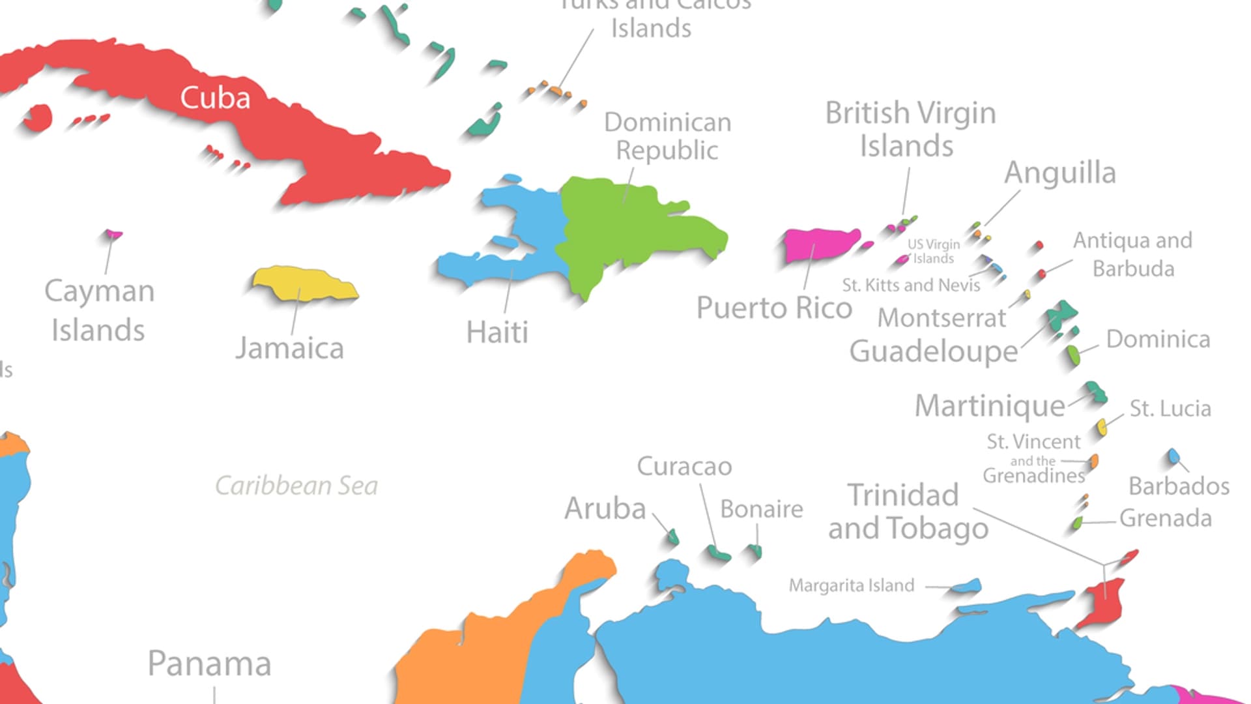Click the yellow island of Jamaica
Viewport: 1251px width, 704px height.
pyautogui.click(x=304, y=284)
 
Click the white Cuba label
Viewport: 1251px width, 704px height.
pyautogui.click(x=215, y=98)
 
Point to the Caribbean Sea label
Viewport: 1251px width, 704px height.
pyautogui.click(x=296, y=486)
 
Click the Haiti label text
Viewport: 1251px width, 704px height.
pyautogui.click(x=497, y=332)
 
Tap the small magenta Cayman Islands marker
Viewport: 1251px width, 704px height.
pyautogui.click(x=114, y=233)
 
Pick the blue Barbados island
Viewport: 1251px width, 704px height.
pyautogui.click(x=1173, y=455)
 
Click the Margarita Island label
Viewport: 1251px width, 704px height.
pyautogui.click(x=852, y=585)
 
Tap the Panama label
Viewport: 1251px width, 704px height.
pyautogui.click(x=209, y=664)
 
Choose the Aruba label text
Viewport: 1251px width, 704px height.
pyautogui.click(x=605, y=508)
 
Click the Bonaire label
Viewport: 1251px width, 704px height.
pyautogui.click(x=761, y=509)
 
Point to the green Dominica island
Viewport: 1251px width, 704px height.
pyautogui.click(x=1073, y=355)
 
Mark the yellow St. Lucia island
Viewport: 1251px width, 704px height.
pyautogui.click(x=1102, y=427)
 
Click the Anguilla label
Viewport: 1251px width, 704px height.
pyautogui.click(x=1059, y=173)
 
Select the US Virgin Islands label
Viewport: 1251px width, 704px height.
pyautogui.click(x=934, y=251)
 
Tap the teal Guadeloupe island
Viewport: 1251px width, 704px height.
pyautogui.click(x=1061, y=316)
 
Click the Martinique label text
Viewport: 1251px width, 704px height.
pyautogui.click(x=990, y=406)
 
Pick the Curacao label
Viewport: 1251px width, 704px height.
pyautogui.click(x=684, y=467)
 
